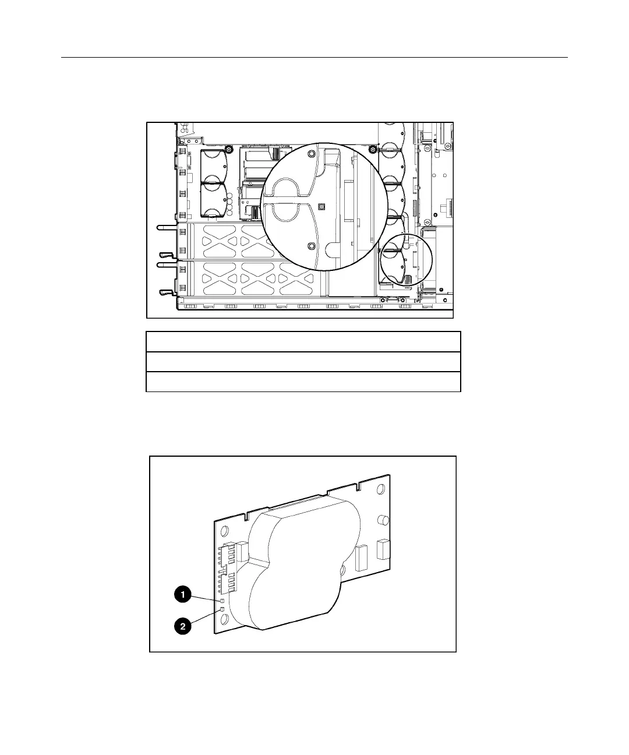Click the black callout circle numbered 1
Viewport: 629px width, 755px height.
point(183,594)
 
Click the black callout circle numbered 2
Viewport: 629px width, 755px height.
point(183,626)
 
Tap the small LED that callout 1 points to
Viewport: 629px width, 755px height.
point(222,601)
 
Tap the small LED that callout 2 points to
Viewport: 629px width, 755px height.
point(222,610)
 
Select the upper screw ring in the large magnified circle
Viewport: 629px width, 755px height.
point(311,154)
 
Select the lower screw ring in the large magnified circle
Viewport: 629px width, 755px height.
point(311,246)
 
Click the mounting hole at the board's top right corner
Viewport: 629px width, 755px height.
point(381,489)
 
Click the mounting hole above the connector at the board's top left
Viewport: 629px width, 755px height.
point(224,531)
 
